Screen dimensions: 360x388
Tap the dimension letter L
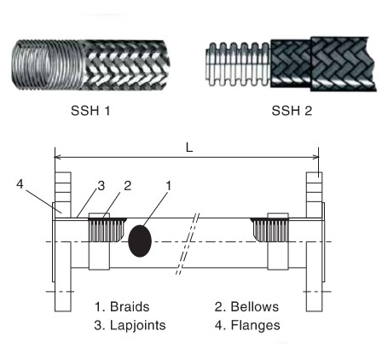[x=188, y=148]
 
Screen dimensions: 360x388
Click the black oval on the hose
[x=140, y=239]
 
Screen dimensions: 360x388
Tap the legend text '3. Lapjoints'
[x=129, y=324]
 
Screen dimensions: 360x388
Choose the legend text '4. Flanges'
[x=249, y=324]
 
